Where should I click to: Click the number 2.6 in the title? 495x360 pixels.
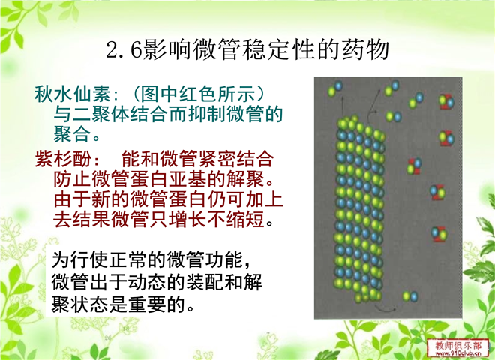[124, 50]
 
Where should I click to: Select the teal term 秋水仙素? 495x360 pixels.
[73, 94]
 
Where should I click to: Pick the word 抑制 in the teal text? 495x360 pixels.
[207, 114]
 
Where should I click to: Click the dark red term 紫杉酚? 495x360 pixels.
[63, 158]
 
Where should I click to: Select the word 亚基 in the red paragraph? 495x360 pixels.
[187, 179]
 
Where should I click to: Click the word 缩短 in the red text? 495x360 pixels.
[245, 219]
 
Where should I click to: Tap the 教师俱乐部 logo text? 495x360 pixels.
[458, 345]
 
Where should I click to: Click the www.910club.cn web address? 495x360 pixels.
[458, 353]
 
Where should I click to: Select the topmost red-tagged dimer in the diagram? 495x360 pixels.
[446, 101]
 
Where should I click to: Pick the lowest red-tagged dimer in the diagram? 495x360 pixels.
[439, 234]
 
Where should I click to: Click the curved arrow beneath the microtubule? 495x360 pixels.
[385, 309]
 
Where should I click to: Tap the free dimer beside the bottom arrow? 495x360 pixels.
[410, 296]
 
